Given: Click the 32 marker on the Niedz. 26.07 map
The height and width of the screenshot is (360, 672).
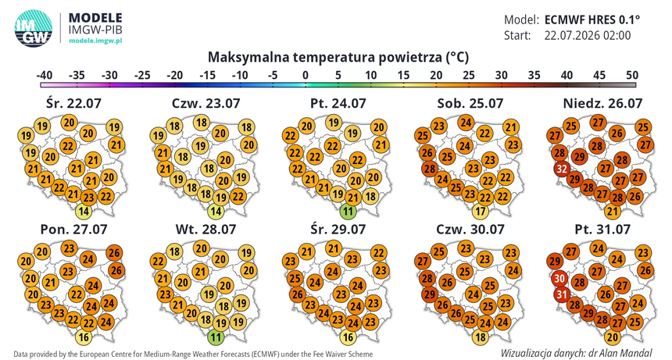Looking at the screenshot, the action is coord(562,168).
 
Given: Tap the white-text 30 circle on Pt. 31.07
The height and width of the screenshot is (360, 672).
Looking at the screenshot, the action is coord(559,279).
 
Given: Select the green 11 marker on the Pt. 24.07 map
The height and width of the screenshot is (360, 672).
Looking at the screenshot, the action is coord(348,212).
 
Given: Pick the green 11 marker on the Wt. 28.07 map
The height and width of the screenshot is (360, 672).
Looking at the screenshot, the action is coord(216,337).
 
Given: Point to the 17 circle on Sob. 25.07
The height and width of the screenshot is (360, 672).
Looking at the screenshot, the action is coord(481,212).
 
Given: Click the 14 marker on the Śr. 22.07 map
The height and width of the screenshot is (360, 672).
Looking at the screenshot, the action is coord(84,211).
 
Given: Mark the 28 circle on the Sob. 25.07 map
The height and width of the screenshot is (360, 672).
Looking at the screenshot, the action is coord(430,168).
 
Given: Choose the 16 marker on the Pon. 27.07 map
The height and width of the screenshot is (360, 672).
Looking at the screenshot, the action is coord(84,337).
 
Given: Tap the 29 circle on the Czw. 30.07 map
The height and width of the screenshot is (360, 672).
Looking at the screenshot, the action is coord(430,294).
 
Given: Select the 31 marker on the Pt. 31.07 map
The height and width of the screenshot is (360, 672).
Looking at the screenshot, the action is coord(562,294).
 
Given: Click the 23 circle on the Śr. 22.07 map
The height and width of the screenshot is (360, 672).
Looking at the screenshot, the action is coord(88,198).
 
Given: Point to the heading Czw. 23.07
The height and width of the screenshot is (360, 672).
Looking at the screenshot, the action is coord(206,103).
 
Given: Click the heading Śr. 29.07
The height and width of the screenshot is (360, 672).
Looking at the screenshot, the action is coord(338,229).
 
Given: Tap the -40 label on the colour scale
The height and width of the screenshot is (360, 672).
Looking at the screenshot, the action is coord(44,75).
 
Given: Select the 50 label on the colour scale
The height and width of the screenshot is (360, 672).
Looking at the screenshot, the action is coord(632,75).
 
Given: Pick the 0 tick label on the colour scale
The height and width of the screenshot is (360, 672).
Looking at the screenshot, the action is coord(306,75).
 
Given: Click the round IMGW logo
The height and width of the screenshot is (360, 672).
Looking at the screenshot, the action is coord(34,28).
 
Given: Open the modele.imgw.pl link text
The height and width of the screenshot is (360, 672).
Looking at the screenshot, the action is coord(95,41).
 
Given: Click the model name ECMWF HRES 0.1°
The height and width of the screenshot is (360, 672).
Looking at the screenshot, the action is coord(592,20).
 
